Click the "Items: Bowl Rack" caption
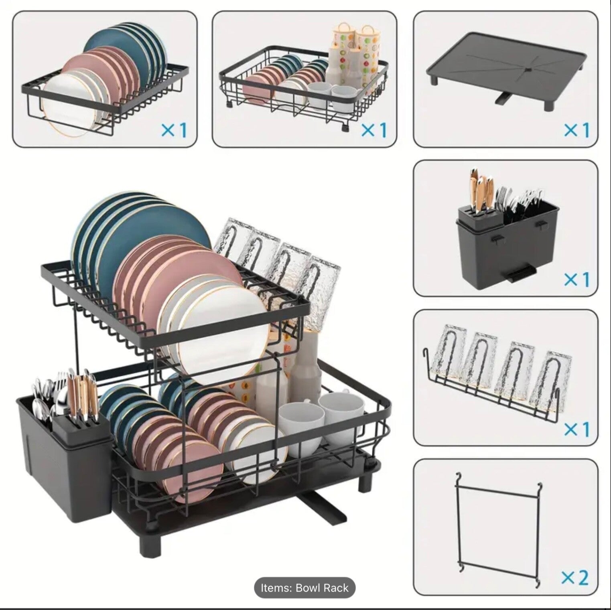[x=304, y=588]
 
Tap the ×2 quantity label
[x=575, y=578]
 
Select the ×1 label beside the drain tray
[x=576, y=130]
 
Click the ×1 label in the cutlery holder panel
[x=576, y=279]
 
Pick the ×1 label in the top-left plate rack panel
[x=174, y=130]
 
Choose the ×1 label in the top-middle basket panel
[x=374, y=130]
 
